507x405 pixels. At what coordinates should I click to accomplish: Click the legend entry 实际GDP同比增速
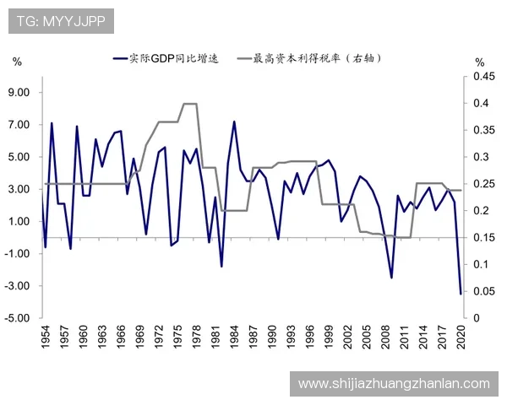pyautogui.click(x=170, y=59)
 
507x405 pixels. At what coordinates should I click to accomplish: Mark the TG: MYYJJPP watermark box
pyautogui.click(x=61, y=21)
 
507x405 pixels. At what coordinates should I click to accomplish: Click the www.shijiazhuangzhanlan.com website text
pyautogui.click(x=394, y=384)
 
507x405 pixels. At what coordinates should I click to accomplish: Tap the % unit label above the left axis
pyautogui.click(x=17, y=62)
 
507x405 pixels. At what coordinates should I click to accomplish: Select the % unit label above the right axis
pyautogui.click(x=480, y=62)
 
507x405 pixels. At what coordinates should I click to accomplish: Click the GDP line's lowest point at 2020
pyautogui.click(x=461, y=294)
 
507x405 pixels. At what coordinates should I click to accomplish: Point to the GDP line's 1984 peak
pyautogui.click(x=234, y=121)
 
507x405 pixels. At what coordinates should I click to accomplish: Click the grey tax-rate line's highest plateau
pyautogui.click(x=190, y=104)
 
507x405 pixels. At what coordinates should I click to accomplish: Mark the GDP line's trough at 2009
pyautogui.click(x=391, y=278)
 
